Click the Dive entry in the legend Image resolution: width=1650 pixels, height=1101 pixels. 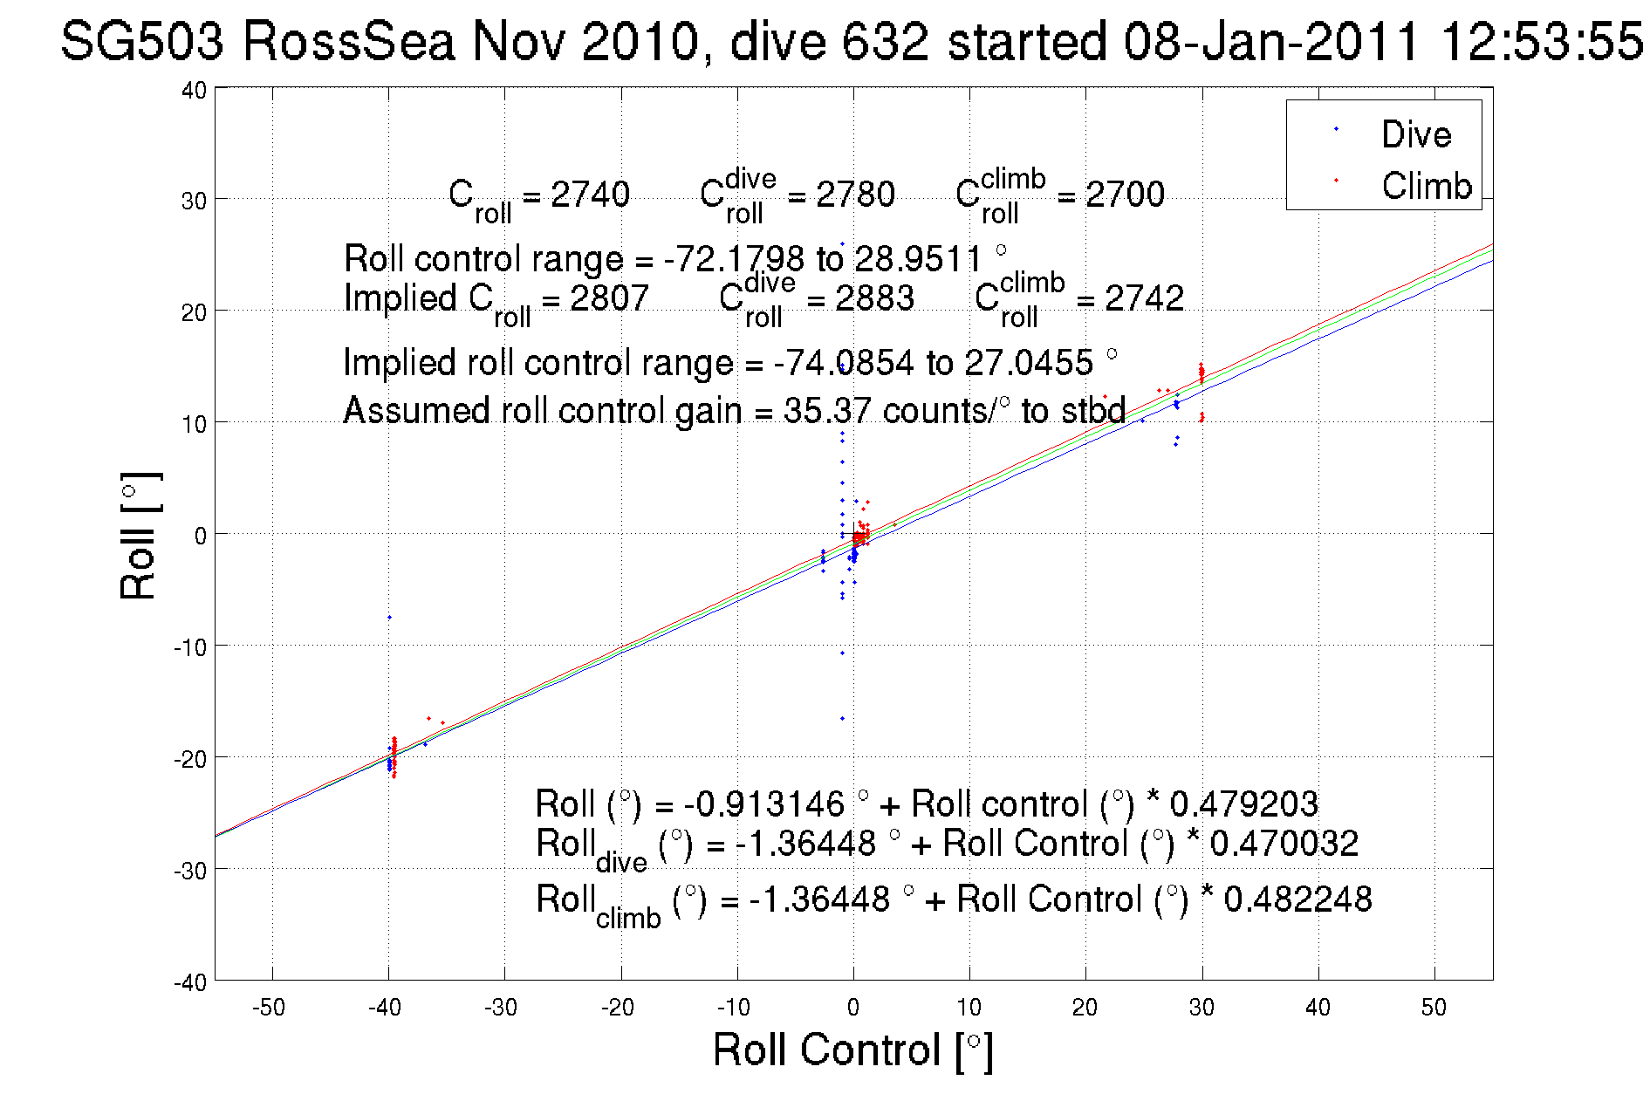click(1415, 134)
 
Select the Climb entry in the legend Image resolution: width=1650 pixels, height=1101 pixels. click(1426, 186)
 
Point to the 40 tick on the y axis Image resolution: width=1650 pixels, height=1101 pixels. click(194, 90)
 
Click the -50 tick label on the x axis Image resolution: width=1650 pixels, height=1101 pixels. click(269, 1008)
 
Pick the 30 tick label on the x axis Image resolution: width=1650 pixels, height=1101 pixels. click(1202, 1008)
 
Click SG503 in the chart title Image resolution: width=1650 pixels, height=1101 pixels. click(142, 41)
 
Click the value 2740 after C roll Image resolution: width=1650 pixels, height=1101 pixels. click(590, 195)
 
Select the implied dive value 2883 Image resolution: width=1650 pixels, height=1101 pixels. click(874, 298)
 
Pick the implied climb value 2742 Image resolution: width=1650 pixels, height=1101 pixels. click(1144, 298)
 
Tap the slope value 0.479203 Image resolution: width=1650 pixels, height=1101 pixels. click(1243, 804)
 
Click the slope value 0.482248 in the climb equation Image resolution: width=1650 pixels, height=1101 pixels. click(1297, 899)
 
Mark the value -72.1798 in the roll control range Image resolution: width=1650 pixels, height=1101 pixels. click(734, 259)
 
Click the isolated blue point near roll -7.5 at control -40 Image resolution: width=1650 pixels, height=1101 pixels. click(389, 618)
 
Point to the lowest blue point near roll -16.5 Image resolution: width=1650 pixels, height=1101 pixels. click(842, 719)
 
